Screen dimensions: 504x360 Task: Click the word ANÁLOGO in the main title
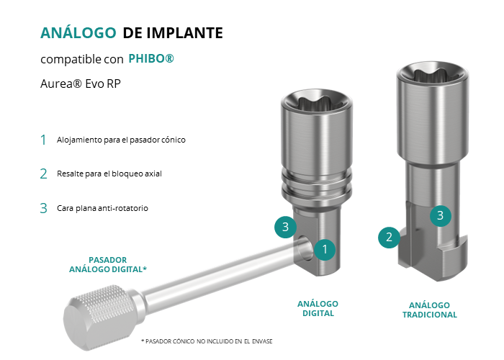click(x=78, y=32)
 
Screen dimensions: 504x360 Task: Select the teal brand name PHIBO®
click(x=151, y=58)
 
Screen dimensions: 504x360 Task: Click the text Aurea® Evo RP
click(x=81, y=84)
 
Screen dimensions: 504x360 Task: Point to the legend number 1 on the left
click(x=43, y=140)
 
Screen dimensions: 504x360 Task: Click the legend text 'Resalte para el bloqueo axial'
click(x=109, y=174)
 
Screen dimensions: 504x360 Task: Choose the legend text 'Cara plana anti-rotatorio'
click(x=102, y=208)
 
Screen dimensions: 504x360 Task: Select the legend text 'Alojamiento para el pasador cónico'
click(x=121, y=140)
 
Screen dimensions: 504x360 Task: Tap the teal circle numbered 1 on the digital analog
click(x=325, y=249)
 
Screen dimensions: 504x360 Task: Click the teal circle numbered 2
click(x=389, y=237)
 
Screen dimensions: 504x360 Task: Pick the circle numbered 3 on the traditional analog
click(x=441, y=215)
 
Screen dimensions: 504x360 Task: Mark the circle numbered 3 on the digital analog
click(x=285, y=227)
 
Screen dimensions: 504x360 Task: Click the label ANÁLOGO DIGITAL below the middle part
click(x=318, y=309)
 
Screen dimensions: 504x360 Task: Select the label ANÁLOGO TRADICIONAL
click(x=430, y=310)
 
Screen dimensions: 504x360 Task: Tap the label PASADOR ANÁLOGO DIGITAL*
click(x=108, y=264)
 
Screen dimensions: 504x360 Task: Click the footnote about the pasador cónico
click(x=207, y=341)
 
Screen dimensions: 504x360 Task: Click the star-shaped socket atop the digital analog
click(x=317, y=102)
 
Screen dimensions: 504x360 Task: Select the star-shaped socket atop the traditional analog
click(x=432, y=75)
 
